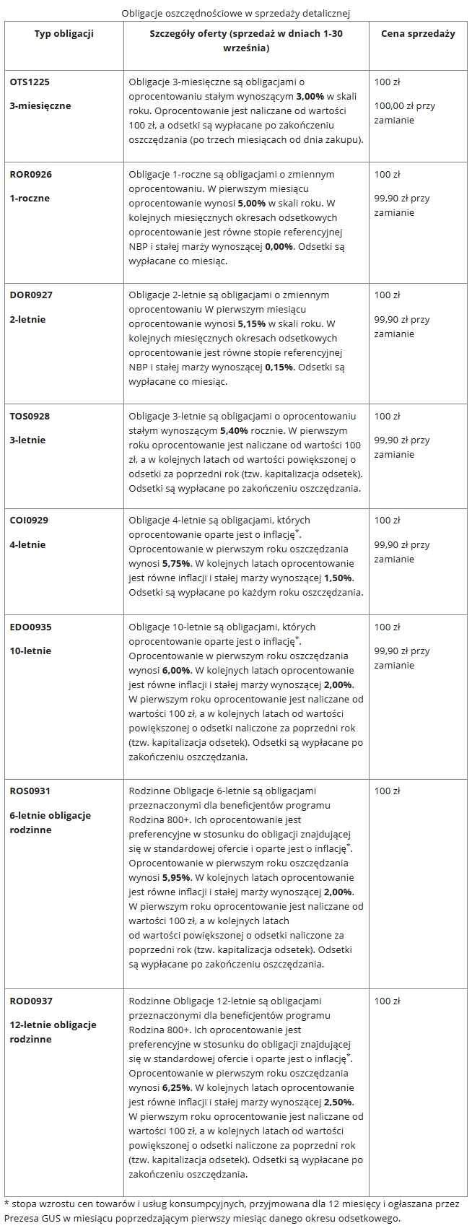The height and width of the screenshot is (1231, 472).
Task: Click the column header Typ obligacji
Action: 64,34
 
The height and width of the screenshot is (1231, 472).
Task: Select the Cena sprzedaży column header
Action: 418,34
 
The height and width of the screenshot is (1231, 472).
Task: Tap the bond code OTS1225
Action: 30,82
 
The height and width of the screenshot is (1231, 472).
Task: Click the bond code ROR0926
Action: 30,174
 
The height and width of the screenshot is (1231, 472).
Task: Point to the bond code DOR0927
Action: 31,295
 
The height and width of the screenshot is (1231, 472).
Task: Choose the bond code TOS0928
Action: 30,416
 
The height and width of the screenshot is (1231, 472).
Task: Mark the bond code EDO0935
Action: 30,627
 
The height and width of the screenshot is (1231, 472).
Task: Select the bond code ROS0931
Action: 30,791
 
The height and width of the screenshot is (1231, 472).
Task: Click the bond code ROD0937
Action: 31,1001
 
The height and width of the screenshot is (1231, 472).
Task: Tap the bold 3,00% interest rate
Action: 310,97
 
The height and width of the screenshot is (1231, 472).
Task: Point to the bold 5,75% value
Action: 176,563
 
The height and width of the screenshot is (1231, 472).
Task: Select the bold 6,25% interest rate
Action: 176,1087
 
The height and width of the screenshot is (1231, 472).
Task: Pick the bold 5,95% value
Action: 176,877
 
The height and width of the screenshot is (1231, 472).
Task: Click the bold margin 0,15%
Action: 279,367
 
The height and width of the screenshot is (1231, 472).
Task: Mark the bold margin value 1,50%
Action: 338,578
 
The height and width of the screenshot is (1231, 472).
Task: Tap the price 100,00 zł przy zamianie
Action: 404,113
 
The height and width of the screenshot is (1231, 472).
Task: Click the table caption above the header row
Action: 235,13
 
